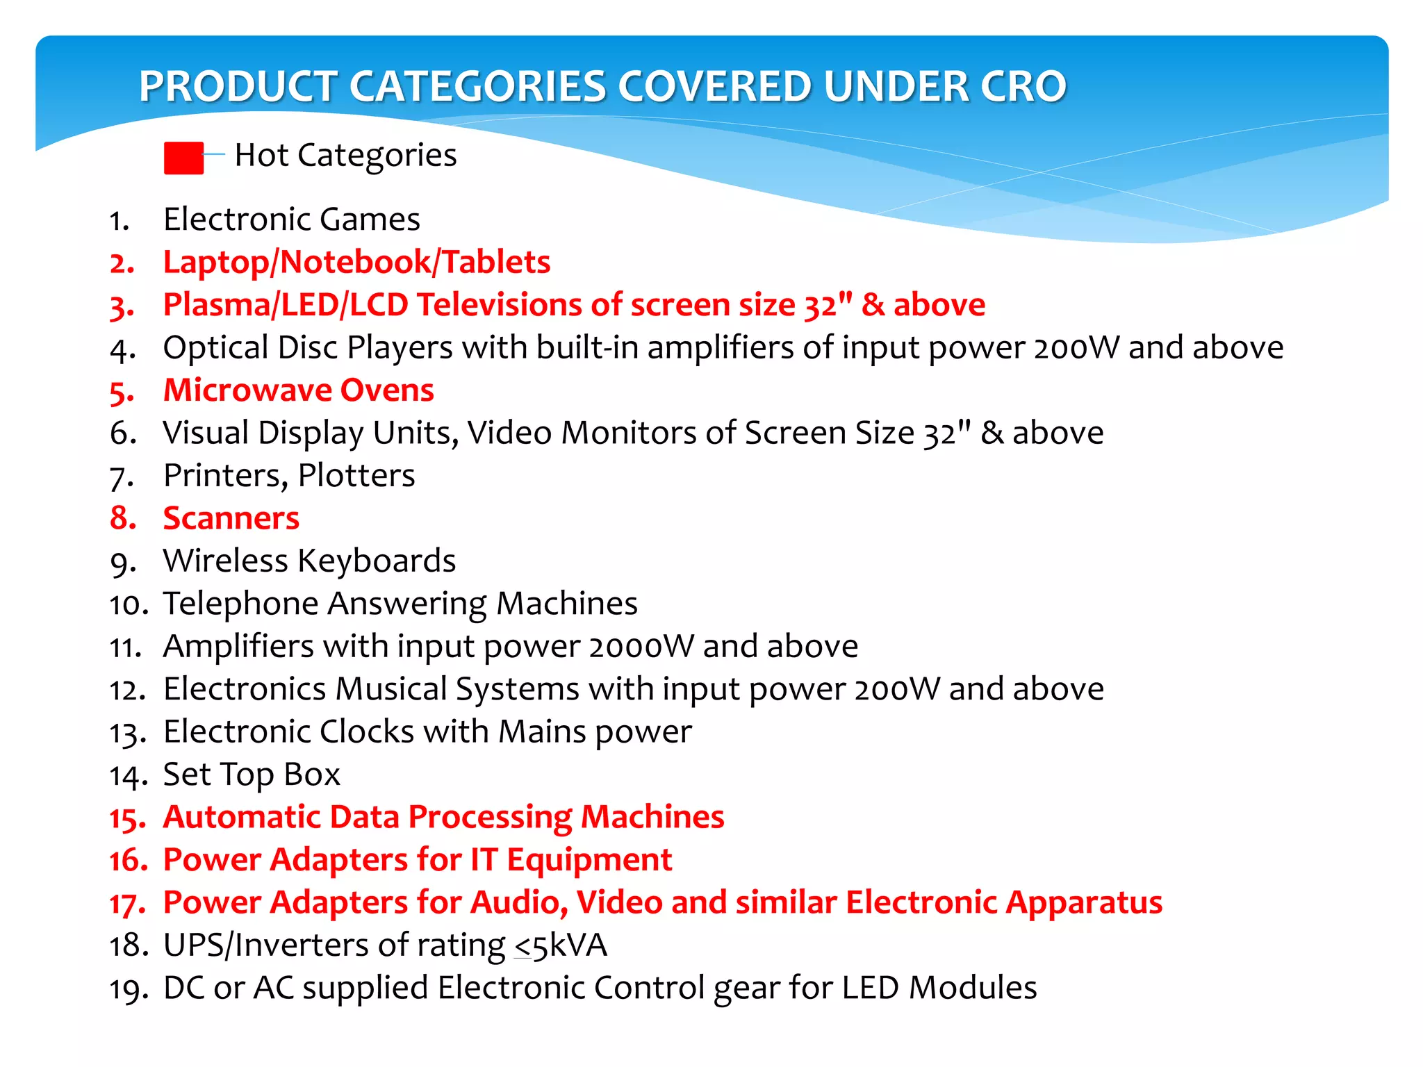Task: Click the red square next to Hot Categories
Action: point(183,158)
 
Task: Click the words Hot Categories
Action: point(345,155)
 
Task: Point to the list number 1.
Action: point(119,221)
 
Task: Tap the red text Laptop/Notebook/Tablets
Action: point(356,263)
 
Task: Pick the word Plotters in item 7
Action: point(356,477)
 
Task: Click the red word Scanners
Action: point(231,519)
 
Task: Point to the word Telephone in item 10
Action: point(240,604)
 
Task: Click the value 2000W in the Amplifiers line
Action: point(641,647)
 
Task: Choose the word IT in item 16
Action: point(484,860)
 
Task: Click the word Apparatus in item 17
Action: point(1084,903)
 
